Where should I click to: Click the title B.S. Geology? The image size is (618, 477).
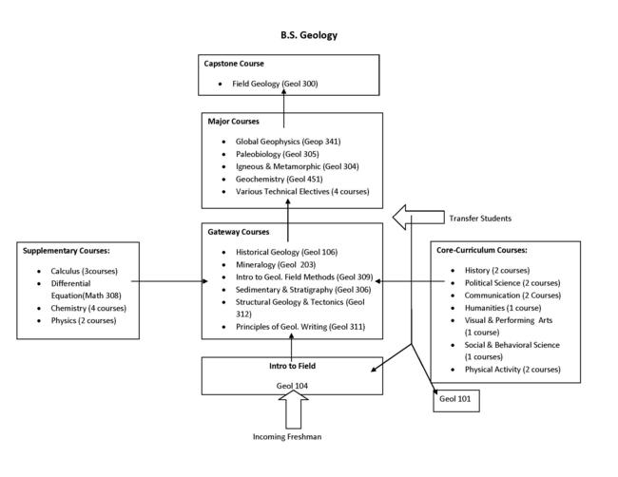point(308,35)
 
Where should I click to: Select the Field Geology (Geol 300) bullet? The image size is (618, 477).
point(275,84)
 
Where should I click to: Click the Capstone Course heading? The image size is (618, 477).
point(234,63)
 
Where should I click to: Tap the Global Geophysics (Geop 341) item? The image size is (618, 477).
point(287,141)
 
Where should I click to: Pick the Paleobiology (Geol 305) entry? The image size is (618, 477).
point(277,154)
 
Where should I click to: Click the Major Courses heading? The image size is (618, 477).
point(233,122)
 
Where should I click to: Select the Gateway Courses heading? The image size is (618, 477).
point(239,232)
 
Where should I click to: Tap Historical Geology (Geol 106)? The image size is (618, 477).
point(286,252)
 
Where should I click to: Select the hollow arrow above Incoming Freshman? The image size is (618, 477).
point(293,410)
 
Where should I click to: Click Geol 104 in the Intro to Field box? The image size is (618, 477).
point(292,385)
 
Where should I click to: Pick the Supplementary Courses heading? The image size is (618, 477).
point(68,251)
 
